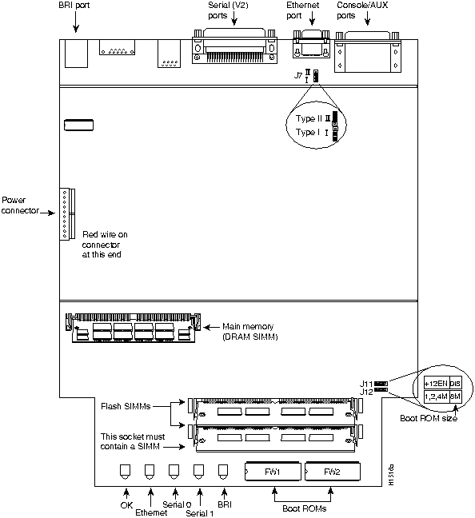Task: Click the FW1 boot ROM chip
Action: pyautogui.click(x=273, y=472)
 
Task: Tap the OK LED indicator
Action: pyautogui.click(x=125, y=471)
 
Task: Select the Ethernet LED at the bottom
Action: pyautogui.click(x=149, y=471)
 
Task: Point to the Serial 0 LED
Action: pyautogui.click(x=174, y=471)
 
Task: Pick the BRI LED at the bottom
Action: pyautogui.click(x=223, y=471)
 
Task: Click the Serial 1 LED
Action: pyautogui.click(x=198, y=471)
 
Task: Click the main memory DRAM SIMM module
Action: pyautogui.click(x=131, y=328)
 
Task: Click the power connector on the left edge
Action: pyautogui.click(x=66, y=214)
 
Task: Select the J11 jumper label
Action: pyautogui.click(x=365, y=384)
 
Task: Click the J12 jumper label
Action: pyautogui.click(x=365, y=392)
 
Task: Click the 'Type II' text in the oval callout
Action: pyautogui.click(x=308, y=118)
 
